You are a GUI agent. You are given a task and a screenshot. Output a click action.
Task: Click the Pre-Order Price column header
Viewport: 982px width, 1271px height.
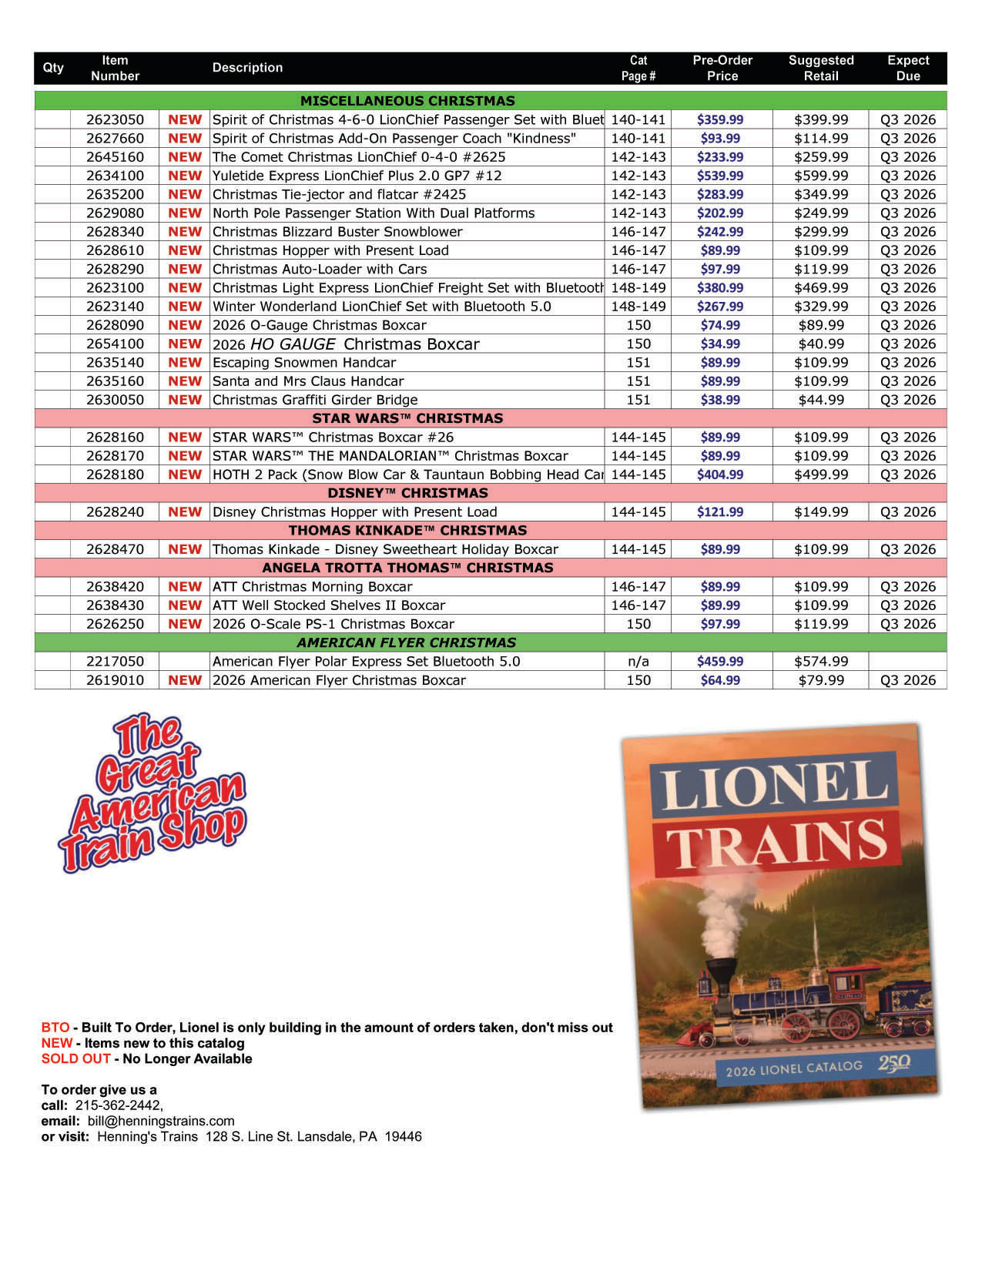tap(722, 68)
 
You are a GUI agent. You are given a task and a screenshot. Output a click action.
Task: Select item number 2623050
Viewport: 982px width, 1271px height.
tap(115, 119)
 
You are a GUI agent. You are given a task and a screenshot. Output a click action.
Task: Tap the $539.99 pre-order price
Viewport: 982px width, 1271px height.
tap(720, 176)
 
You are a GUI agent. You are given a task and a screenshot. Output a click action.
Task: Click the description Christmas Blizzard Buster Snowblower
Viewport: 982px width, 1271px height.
tap(337, 232)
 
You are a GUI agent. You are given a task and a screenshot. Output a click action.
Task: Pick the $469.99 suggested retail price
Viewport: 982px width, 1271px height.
tap(821, 288)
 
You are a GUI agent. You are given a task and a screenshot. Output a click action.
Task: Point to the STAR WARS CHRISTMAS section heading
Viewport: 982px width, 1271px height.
tap(407, 418)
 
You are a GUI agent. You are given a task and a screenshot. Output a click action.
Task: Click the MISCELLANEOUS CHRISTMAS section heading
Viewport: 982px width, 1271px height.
tap(407, 101)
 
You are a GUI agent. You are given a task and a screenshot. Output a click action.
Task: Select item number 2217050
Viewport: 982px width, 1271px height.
tap(115, 662)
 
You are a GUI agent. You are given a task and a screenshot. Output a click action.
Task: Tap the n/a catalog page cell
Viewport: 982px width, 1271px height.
tap(638, 662)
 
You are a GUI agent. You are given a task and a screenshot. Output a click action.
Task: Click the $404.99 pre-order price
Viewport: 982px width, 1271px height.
tap(720, 475)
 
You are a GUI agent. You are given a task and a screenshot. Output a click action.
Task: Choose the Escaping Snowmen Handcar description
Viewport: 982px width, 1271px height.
tap(304, 363)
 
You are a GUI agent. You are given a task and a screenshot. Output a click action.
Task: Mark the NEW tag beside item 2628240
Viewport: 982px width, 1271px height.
tap(185, 512)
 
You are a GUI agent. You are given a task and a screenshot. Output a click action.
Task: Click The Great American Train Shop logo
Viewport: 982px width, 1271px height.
tap(152, 793)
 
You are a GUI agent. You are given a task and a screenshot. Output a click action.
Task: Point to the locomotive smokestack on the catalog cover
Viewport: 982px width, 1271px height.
tap(722, 972)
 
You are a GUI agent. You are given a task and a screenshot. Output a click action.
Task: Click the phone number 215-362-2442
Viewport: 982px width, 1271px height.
tap(119, 1105)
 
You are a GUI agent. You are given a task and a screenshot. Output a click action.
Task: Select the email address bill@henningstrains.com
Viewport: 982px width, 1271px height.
tap(161, 1121)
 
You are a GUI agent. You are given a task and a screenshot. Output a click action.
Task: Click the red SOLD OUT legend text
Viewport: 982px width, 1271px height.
tap(75, 1059)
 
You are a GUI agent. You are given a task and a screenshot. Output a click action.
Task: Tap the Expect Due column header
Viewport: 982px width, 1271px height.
tap(908, 68)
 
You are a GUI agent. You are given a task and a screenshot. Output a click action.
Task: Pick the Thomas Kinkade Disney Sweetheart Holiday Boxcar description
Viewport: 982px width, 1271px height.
tap(385, 550)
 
